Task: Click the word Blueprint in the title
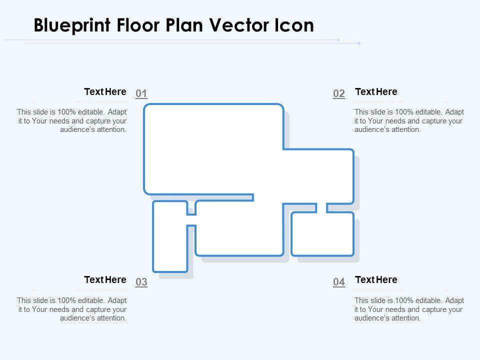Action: pyautogui.click(x=72, y=25)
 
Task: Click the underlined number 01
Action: pyautogui.click(x=141, y=93)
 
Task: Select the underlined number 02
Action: pyautogui.click(x=339, y=93)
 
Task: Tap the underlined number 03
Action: pyautogui.click(x=141, y=281)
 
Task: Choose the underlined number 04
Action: pyautogui.click(x=339, y=281)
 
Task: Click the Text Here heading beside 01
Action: pyautogui.click(x=105, y=91)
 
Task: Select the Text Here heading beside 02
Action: pyautogui.click(x=376, y=91)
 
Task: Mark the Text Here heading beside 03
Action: pyautogui.click(x=105, y=279)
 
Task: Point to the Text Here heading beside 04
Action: pyautogui.click(x=376, y=279)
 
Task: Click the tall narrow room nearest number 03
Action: pyautogui.click(x=170, y=236)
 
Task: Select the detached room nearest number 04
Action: pyautogui.click(x=322, y=234)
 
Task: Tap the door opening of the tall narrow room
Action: pyautogui.click(x=191, y=220)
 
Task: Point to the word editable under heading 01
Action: pyautogui.click(x=91, y=112)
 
